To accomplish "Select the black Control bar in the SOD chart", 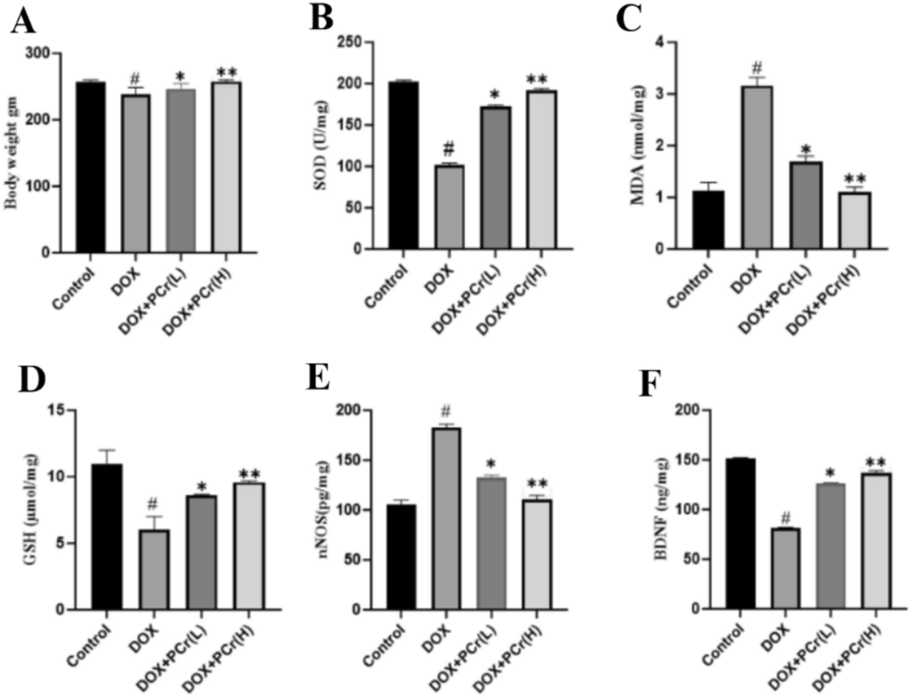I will point(403,165).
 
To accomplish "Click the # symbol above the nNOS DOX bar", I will point(446,411).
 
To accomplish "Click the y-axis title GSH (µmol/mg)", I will point(31,510).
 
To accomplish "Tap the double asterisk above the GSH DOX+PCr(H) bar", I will point(249,474).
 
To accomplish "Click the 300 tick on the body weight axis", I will point(38,54).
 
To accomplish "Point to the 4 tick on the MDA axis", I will point(659,42).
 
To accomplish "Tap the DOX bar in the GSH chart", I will point(155,569).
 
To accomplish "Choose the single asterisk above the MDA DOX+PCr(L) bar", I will point(806,150).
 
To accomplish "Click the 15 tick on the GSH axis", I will point(56,410).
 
